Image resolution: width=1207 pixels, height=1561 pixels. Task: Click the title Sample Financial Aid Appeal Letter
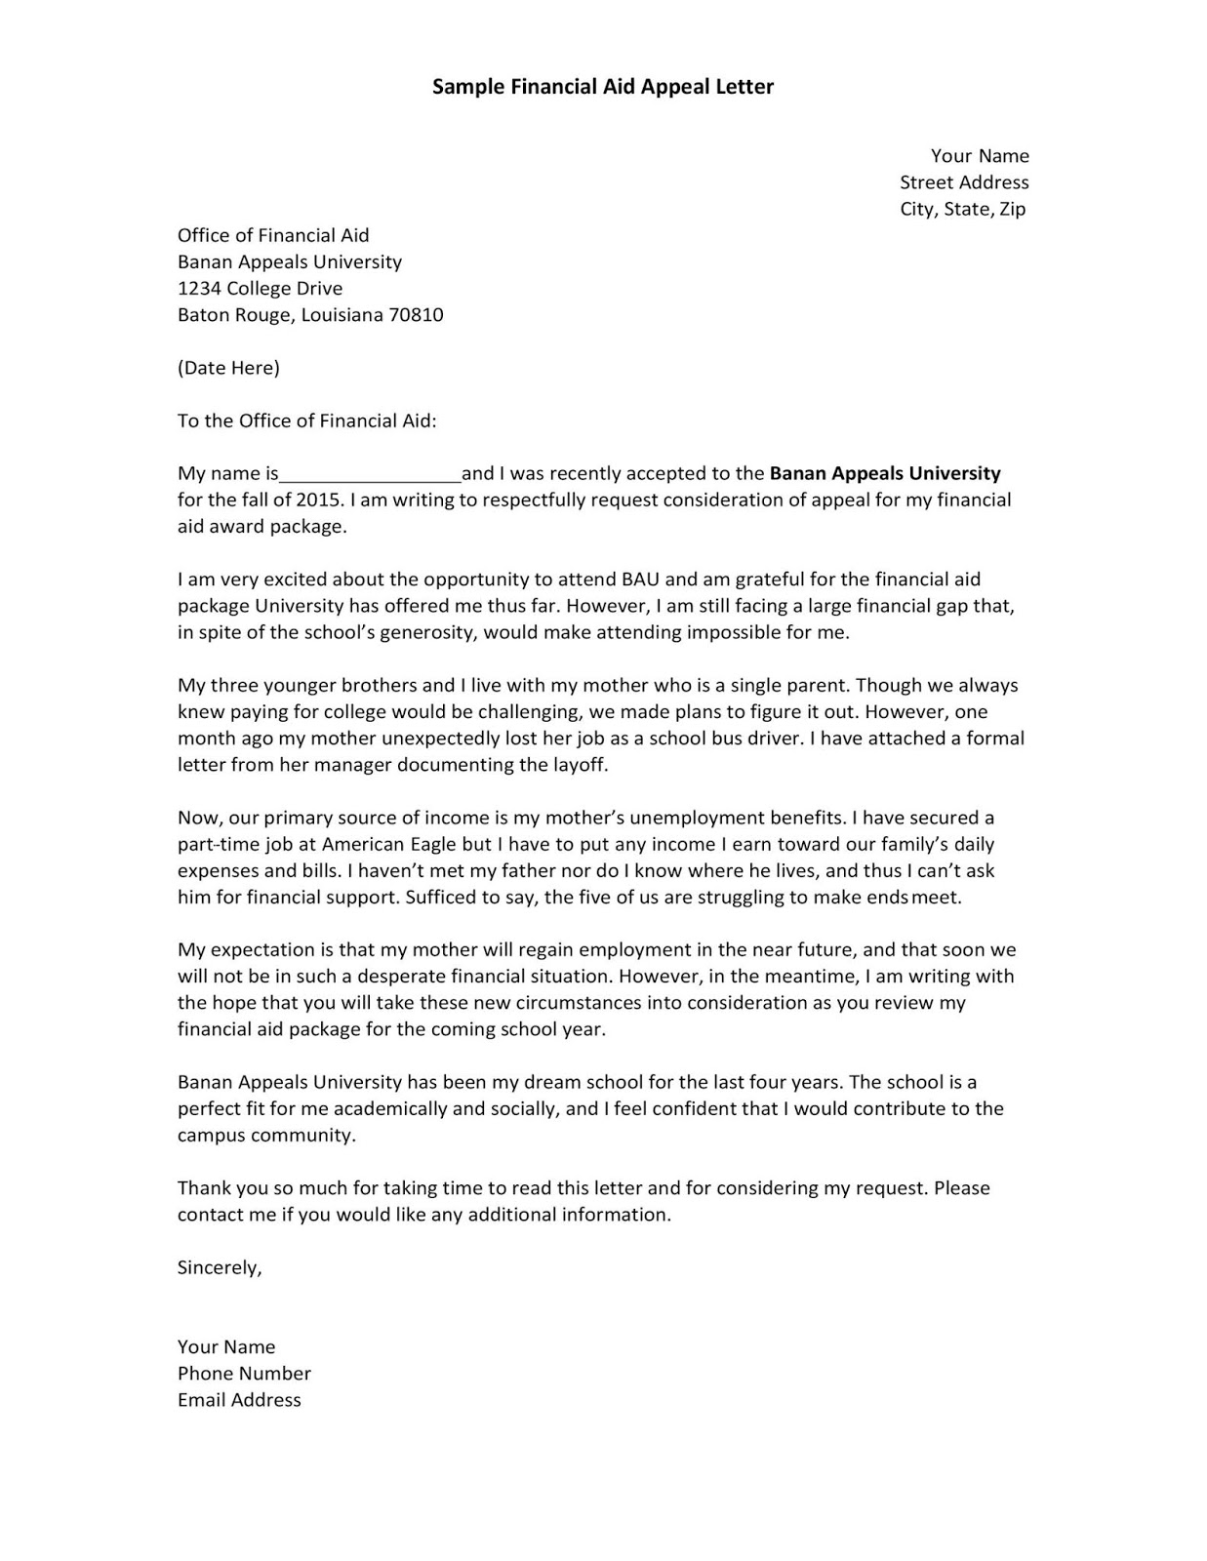(602, 87)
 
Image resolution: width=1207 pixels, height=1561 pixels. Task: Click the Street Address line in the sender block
(963, 182)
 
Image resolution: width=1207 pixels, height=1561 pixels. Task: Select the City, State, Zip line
(962, 209)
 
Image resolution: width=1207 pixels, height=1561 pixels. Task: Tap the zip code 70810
(416, 315)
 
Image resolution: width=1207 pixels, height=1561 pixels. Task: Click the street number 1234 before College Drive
(199, 289)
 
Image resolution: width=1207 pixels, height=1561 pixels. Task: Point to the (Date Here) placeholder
(228, 368)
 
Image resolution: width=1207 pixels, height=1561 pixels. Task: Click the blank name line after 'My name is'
(370, 475)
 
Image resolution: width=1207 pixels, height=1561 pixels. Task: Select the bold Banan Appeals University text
(885, 474)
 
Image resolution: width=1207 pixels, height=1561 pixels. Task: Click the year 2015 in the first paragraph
(321, 500)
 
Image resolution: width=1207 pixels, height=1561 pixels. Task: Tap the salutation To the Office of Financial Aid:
(307, 421)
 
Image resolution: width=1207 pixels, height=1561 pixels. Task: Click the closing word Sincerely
(219, 1267)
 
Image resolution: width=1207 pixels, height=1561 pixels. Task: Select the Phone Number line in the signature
(244, 1374)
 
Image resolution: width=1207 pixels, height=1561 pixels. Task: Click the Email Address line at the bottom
(239, 1400)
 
